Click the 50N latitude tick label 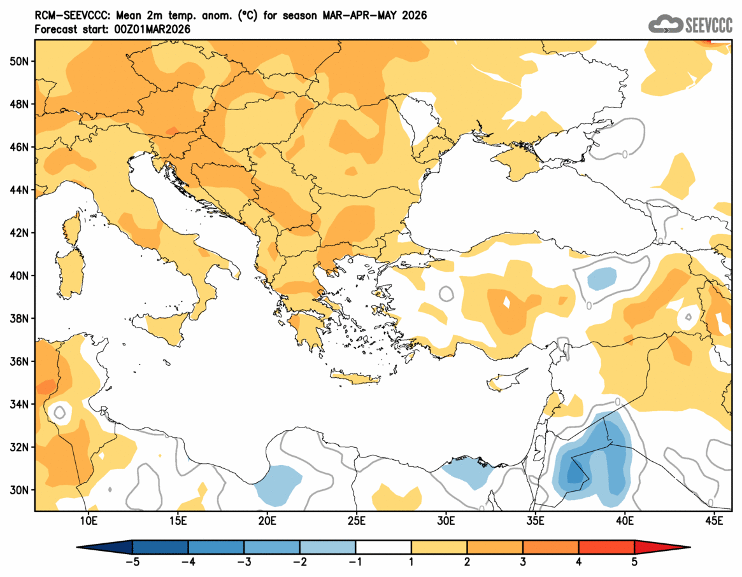tap(19, 61)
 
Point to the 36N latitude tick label tap(19, 361)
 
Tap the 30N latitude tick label tap(19, 490)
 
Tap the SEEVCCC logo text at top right tap(709, 25)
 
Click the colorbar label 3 tap(523, 562)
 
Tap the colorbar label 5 tap(634, 562)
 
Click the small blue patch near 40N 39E tap(601, 277)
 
